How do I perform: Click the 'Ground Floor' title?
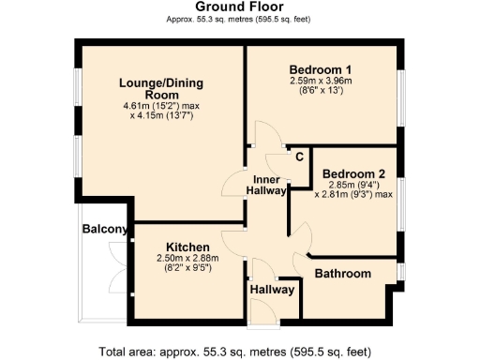[x=239, y=7]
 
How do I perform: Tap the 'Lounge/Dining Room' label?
[x=161, y=89]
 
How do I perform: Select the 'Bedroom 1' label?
[x=321, y=69]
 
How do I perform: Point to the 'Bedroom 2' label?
[x=353, y=173]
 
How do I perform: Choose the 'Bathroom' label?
[x=342, y=274]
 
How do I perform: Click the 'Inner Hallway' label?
[x=265, y=185]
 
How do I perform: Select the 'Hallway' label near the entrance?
[x=273, y=291]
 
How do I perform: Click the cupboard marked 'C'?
[x=298, y=157]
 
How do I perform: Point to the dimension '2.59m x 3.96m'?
[x=321, y=82]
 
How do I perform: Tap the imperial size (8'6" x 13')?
[x=321, y=92]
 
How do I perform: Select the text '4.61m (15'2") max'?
[x=161, y=106]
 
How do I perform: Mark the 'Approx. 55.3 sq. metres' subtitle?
[x=239, y=19]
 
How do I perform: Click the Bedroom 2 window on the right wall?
[x=403, y=202]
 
